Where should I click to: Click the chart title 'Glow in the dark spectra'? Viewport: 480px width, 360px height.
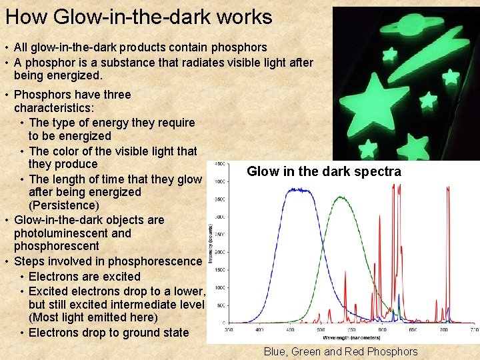[x=323, y=171]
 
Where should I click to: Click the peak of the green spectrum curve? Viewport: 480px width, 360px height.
[x=341, y=198]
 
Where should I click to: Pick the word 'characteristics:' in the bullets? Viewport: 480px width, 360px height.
[x=54, y=108]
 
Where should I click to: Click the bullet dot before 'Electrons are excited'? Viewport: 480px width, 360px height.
[x=23, y=277]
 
